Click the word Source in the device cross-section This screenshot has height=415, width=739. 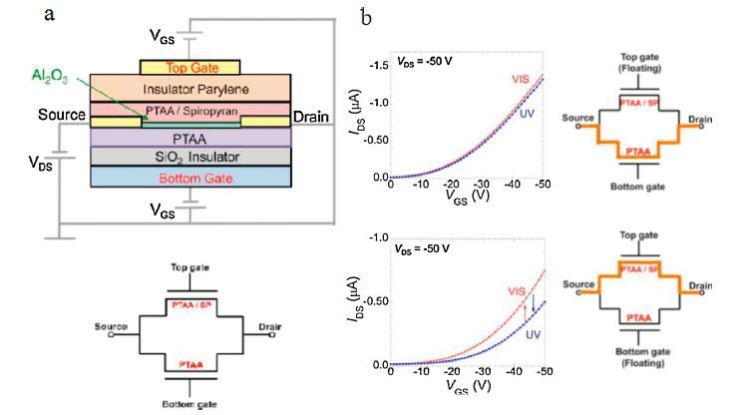pos(61,116)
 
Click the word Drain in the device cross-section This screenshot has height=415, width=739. pos(313,117)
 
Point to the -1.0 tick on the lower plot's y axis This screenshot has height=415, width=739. pos(374,238)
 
